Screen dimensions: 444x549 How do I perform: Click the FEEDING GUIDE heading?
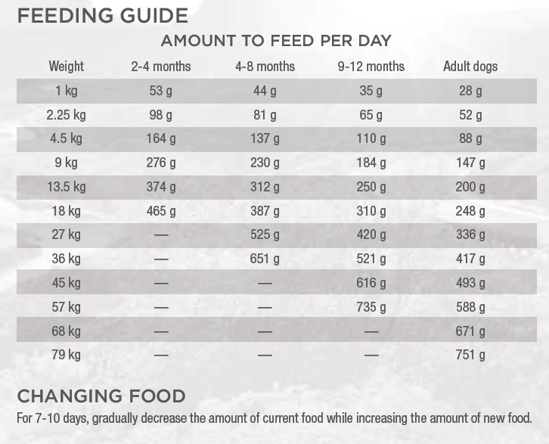pyautogui.click(x=102, y=15)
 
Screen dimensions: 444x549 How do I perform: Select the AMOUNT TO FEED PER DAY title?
pyautogui.click(x=275, y=41)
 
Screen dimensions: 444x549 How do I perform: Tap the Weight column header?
pyautogui.click(x=67, y=67)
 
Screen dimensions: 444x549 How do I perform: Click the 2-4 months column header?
pyautogui.click(x=161, y=67)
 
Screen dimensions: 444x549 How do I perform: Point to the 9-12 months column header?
pyautogui.click(x=371, y=67)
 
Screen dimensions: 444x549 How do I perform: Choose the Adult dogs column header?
pyautogui.click(x=470, y=67)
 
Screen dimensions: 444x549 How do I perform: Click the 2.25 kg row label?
pyautogui.click(x=67, y=115)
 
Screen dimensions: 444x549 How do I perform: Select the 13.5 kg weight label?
pyautogui.click(x=67, y=187)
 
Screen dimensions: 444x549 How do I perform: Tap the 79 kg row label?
pyautogui.click(x=67, y=355)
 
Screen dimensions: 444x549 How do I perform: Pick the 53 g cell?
pyautogui.click(x=161, y=91)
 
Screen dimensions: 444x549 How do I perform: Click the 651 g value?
pyautogui.click(x=265, y=259)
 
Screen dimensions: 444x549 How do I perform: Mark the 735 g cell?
pyautogui.click(x=371, y=307)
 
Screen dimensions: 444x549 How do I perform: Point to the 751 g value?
pyautogui.click(x=470, y=355)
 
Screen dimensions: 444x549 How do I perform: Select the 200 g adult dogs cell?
pyautogui.click(x=470, y=187)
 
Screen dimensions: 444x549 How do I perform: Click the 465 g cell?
pyautogui.click(x=161, y=211)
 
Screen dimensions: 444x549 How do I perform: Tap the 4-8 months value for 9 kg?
pyautogui.click(x=265, y=163)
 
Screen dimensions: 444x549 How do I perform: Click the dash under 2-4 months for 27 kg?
pyautogui.click(x=161, y=235)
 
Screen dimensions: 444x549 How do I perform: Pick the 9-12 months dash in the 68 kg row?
pyautogui.click(x=371, y=331)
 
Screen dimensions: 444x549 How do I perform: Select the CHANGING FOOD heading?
pyautogui.click(x=101, y=396)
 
